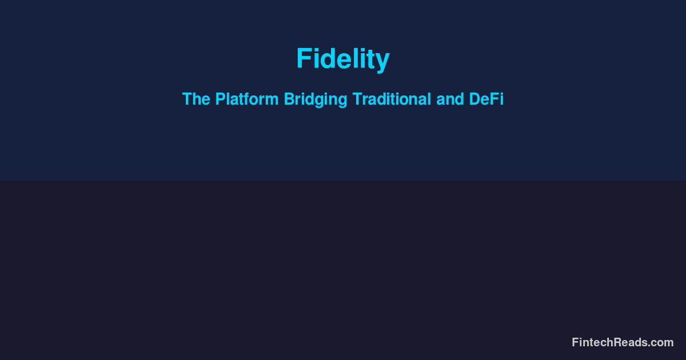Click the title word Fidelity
point(342,59)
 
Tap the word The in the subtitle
point(196,99)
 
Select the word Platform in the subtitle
point(247,99)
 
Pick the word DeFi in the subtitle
point(486,99)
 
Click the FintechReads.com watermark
point(623,342)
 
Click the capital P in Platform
point(220,99)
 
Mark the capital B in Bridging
point(289,99)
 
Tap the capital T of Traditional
point(356,99)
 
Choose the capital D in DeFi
point(474,99)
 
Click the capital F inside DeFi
point(494,99)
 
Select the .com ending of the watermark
point(662,342)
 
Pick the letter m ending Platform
point(273,101)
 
